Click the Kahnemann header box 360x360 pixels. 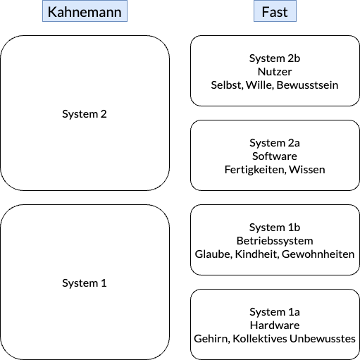coord(85,11)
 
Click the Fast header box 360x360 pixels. coord(275,11)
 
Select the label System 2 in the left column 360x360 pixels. coord(85,114)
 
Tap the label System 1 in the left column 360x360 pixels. coord(85,283)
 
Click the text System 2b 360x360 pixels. coord(275,58)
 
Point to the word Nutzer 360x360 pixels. coord(275,72)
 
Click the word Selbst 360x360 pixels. coord(227,85)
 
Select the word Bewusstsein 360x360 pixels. coord(307,85)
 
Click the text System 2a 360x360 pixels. coord(275,143)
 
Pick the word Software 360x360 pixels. coord(275,156)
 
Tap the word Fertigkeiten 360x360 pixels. coord(256,170)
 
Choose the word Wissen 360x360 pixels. coord(307,170)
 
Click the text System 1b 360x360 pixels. coord(275,228)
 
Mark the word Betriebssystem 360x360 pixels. coord(275,241)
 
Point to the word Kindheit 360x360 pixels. coord(257,254)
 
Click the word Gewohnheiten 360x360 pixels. coord(318,254)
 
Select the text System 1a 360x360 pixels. coord(275,312)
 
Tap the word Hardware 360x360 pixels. coord(275,325)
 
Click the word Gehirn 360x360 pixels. coord(212,339)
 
